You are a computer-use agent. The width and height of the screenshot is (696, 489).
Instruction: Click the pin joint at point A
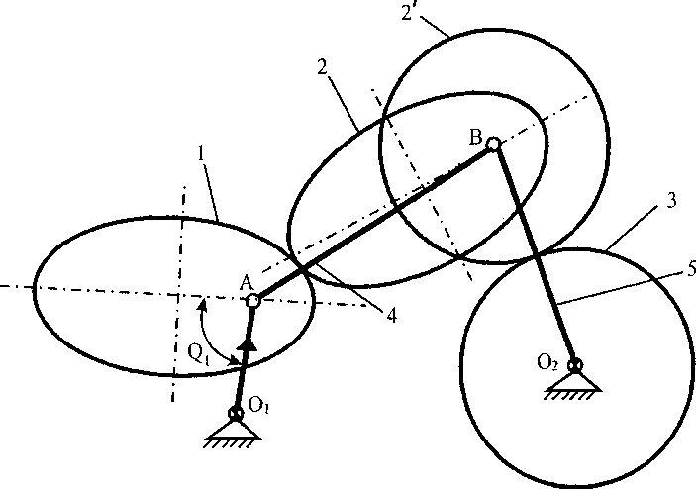click(x=252, y=299)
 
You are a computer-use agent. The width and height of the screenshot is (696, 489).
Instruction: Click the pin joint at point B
click(x=493, y=145)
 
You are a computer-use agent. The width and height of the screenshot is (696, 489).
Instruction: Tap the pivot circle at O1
click(x=236, y=414)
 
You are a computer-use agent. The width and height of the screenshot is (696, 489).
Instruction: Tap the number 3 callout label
click(x=671, y=201)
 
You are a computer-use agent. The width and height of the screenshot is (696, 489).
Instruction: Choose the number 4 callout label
click(x=392, y=316)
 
